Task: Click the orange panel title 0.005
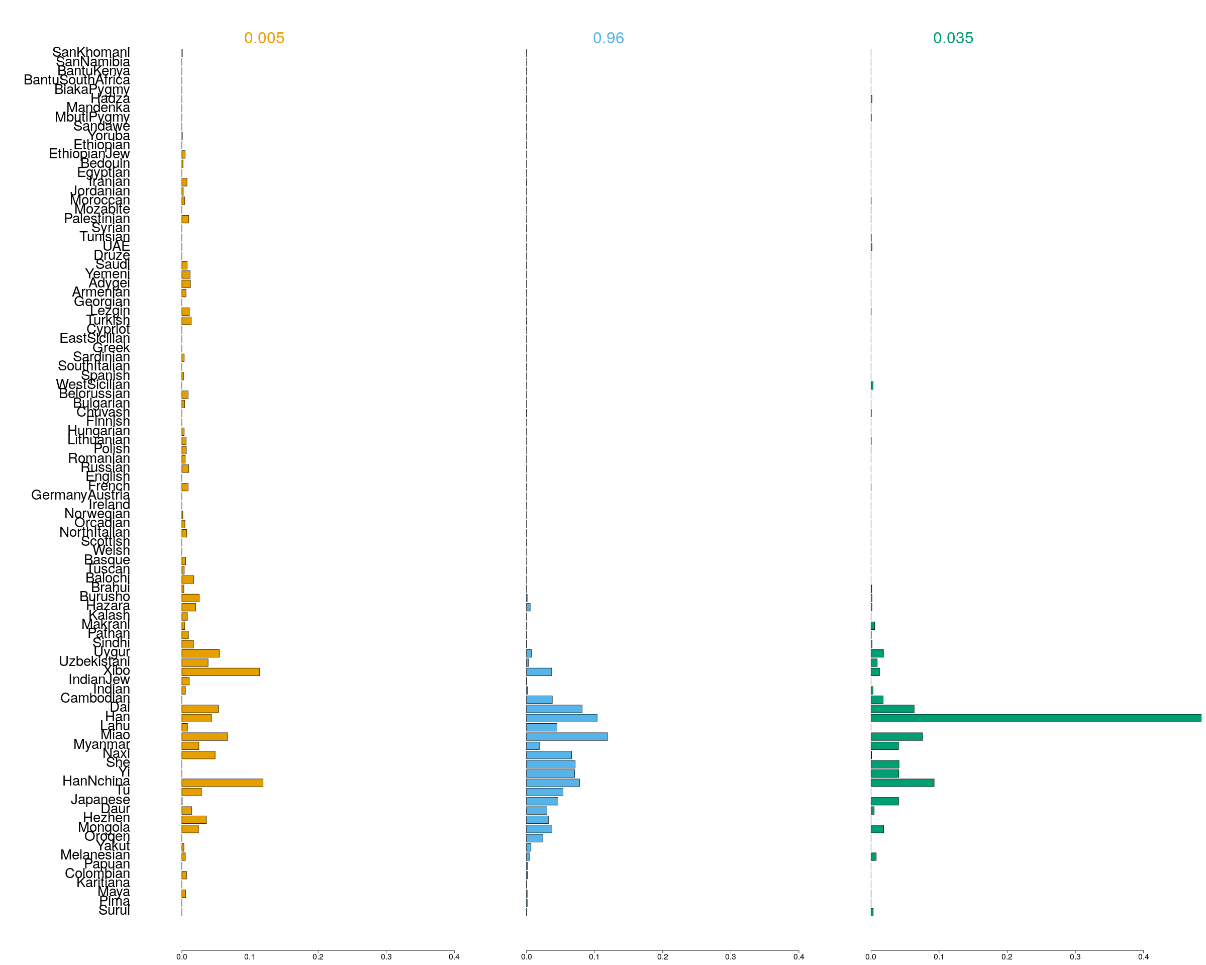tap(264, 38)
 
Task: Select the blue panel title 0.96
tap(608, 38)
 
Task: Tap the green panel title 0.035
tap(953, 38)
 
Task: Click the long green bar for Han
tap(1035, 718)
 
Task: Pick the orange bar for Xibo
tap(221, 672)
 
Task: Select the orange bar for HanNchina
tap(222, 783)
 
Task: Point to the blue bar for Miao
tap(567, 736)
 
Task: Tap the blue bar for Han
tap(562, 718)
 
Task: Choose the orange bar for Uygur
tap(200, 653)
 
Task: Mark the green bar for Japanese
tap(884, 801)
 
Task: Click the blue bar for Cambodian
tap(539, 699)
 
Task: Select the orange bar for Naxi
tap(198, 754)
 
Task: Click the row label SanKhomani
tap(91, 52)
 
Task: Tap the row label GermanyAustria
tap(80, 495)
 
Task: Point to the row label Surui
tap(114, 910)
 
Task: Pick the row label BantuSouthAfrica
tap(77, 80)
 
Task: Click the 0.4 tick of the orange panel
tap(454, 956)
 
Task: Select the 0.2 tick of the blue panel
tap(662, 956)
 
